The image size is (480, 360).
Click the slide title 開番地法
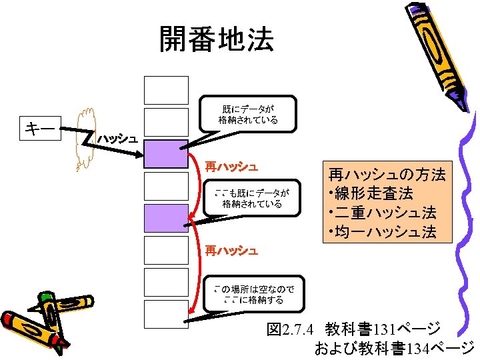(x=216, y=40)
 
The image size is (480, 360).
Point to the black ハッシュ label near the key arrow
(x=117, y=139)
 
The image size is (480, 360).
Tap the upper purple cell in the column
(x=166, y=153)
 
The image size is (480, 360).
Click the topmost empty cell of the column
(x=166, y=89)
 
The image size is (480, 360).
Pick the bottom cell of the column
(x=166, y=314)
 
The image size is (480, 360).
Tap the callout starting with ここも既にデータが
(x=252, y=198)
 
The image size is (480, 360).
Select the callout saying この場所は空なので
(x=253, y=294)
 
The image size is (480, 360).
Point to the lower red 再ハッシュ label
(x=231, y=251)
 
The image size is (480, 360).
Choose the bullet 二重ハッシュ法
(x=384, y=213)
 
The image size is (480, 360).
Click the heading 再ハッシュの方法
(x=387, y=175)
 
